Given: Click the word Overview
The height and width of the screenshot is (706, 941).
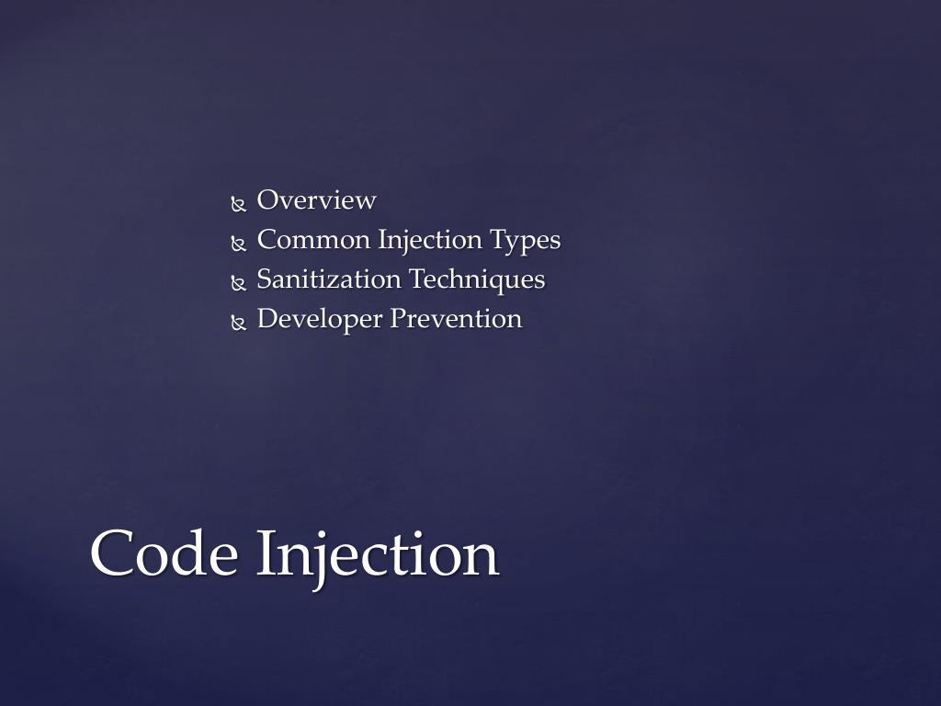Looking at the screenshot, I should [x=316, y=200].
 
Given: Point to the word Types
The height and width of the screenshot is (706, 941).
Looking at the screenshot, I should [x=525, y=241].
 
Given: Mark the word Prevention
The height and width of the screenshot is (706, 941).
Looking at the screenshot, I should [x=456, y=319].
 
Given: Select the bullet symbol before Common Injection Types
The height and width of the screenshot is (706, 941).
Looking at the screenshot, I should [x=239, y=244].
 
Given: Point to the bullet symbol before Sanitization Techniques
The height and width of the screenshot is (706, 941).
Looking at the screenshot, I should [x=239, y=283].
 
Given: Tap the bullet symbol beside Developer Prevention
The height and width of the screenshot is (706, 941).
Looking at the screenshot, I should [x=239, y=323].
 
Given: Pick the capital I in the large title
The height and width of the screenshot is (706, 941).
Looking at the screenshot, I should [x=265, y=553].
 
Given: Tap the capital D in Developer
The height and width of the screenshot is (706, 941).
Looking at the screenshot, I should [x=267, y=319].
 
